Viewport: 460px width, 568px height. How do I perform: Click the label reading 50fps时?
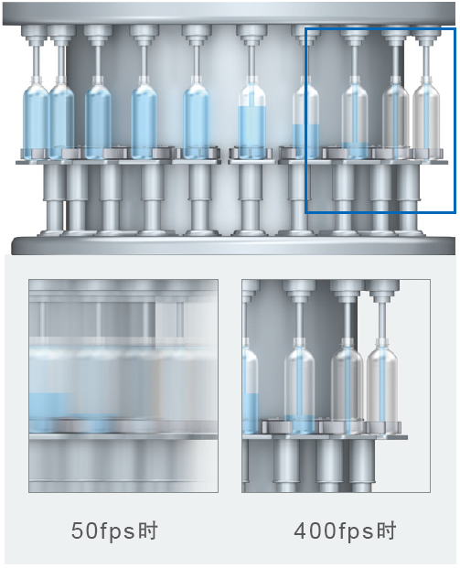pyautogui.click(x=114, y=531)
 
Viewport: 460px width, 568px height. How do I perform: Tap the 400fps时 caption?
pyautogui.click(x=345, y=531)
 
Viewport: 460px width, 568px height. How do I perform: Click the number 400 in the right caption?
pyautogui.click(x=315, y=531)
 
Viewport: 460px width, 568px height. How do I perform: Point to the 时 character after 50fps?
pyautogui.click(x=148, y=530)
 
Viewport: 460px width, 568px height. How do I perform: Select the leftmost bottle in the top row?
pyautogui.click(x=35, y=118)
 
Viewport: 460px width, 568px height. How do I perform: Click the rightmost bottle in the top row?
pyautogui.click(x=426, y=118)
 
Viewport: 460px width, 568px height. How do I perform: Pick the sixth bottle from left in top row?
pyautogui.click(x=251, y=118)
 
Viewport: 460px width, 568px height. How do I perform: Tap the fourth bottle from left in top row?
pyautogui.click(x=144, y=118)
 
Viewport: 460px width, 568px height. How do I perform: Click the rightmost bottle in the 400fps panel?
pyautogui.click(x=382, y=385)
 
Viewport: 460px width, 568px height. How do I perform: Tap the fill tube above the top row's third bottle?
pyautogui.click(x=98, y=61)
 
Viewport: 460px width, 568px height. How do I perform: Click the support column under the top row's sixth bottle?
pyautogui.click(x=251, y=198)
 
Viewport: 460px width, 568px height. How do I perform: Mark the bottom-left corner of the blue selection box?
pyautogui.click(x=306, y=212)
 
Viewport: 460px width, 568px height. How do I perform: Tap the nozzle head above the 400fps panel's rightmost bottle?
pyautogui.click(x=381, y=291)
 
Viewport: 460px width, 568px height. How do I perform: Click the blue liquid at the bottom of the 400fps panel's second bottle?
pyautogui.click(x=300, y=424)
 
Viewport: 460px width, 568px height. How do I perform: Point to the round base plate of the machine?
pyautogui.click(x=233, y=245)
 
